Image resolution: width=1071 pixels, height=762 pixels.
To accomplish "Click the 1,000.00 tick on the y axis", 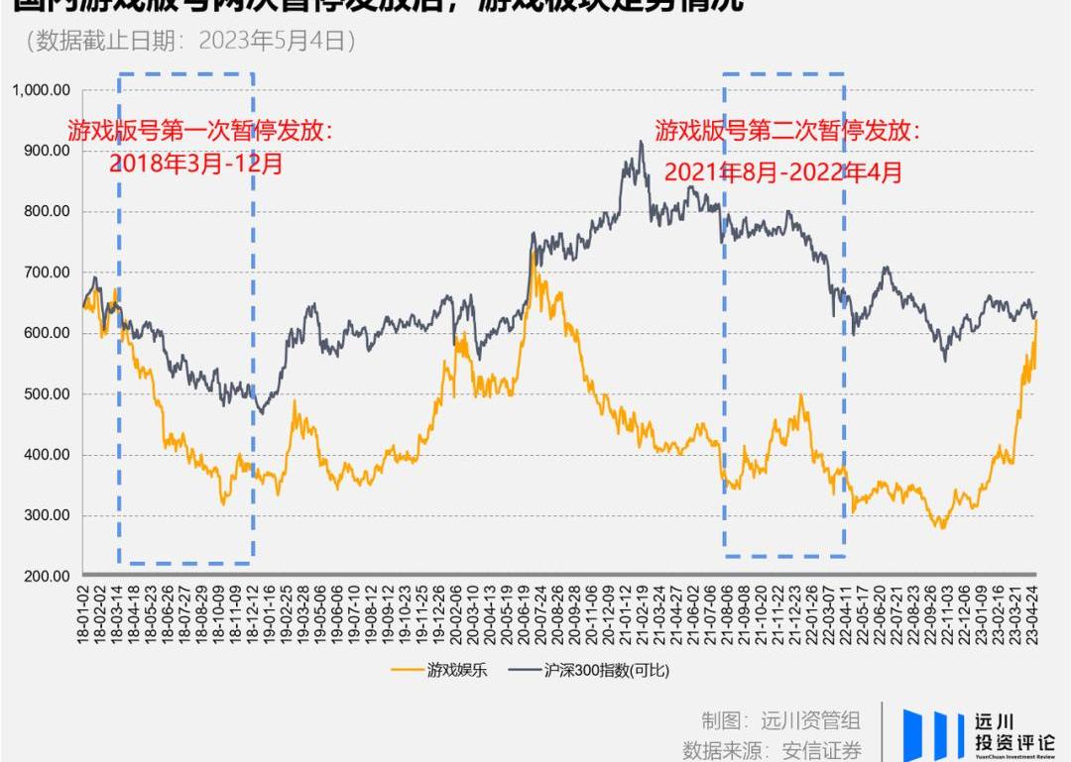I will (41, 90).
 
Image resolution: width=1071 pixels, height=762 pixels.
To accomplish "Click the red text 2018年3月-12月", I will (196, 163).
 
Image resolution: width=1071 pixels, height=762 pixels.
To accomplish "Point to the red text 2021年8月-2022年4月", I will (783, 171).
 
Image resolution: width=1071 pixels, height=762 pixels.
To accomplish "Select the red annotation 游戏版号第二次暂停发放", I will (787, 131).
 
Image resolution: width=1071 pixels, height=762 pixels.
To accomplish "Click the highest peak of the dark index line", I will (641, 142).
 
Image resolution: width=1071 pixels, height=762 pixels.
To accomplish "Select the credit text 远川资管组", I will (810, 720).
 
